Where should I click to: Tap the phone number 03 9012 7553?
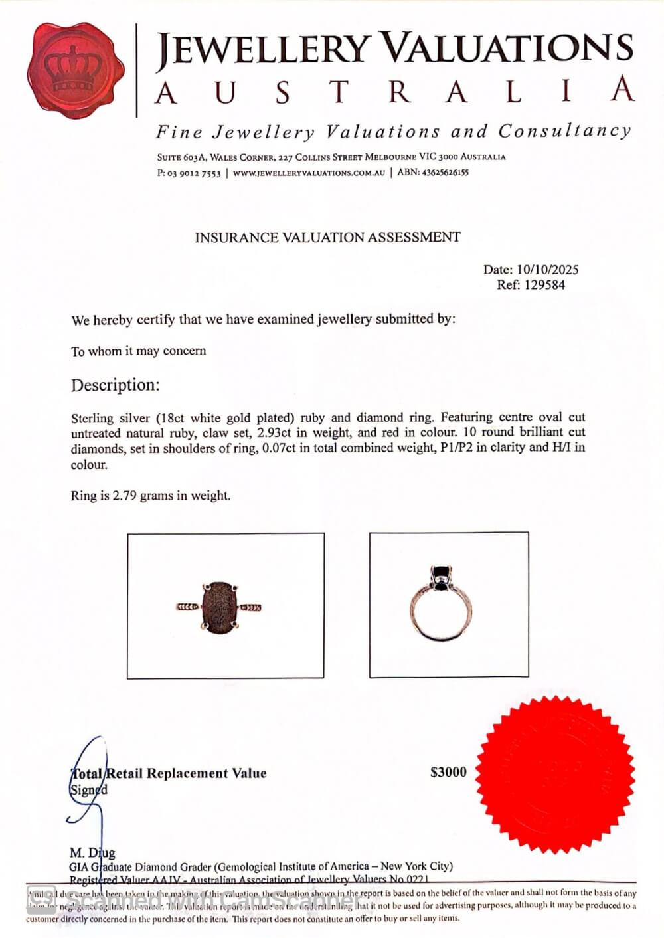[x=194, y=173]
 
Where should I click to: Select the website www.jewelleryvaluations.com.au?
[x=309, y=173]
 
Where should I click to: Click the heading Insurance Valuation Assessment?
[x=327, y=237]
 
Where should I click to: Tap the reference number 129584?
[x=544, y=285]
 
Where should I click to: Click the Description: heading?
[x=116, y=385]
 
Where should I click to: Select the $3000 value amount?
[x=448, y=772]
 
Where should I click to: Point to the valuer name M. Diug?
[x=92, y=852]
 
